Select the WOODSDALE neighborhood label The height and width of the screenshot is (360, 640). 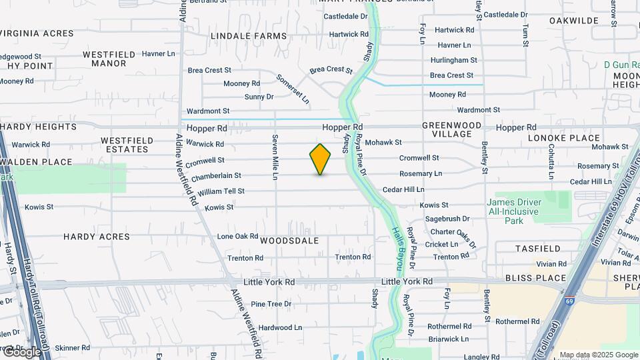[289, 240]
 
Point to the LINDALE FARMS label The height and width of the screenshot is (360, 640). [239, 35]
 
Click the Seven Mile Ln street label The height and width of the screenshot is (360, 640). [274, 157]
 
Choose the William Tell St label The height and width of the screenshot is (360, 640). [221, 191]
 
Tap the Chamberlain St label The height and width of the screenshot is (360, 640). [215, 177]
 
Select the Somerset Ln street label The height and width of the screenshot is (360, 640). [293, 89]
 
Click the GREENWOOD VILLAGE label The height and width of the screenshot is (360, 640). [451, 129]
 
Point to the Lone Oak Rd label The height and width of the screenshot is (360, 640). [237, 237]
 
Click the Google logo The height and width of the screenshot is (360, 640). [21, 351]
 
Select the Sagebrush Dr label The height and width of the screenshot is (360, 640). [447, 219]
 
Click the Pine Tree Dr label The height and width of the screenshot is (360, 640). [271, 304]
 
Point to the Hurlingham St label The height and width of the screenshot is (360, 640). [451, 60]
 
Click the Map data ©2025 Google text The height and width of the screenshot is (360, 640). [598, 355]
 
